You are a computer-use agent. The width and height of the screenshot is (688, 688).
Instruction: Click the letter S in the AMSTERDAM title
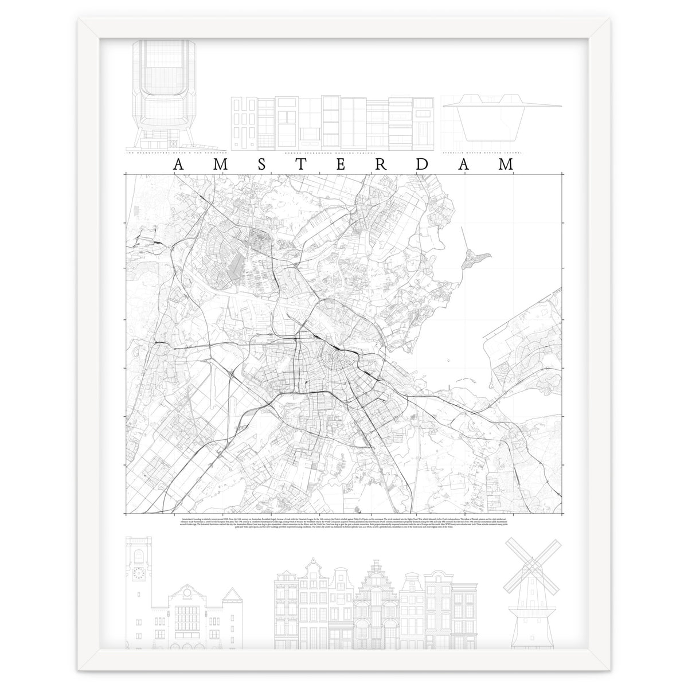pos(260,165)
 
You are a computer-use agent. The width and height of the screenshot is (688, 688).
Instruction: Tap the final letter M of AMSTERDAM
pos(505,165)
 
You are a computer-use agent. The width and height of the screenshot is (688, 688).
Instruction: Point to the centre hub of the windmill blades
pos(526,573)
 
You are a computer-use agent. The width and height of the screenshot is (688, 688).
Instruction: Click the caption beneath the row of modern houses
pos(335,153)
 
